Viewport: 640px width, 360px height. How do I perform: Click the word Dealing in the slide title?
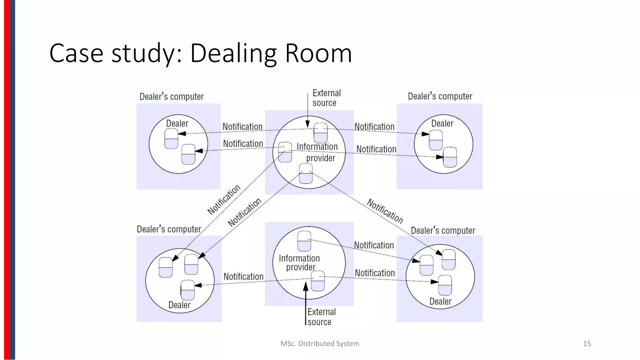tap(233, 53)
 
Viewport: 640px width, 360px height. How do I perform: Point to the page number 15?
tap(587, 343)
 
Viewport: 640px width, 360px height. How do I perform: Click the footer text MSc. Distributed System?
tap(320, 343)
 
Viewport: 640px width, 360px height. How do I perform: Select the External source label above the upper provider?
tap(326, 98)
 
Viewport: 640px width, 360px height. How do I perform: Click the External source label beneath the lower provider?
tap(321, 317)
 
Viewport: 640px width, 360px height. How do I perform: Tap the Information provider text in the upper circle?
tap(317, 152)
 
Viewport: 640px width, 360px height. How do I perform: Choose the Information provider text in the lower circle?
tap(299, 262)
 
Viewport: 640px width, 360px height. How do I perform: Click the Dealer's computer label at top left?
tap(171, 97)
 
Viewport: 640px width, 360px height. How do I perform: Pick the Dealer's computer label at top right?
tap(440, 96)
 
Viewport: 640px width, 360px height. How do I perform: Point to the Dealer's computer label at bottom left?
tap(169, 229)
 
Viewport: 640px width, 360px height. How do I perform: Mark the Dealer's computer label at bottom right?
tap(442, 231)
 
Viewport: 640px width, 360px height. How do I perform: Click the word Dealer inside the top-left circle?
tap(177, 123)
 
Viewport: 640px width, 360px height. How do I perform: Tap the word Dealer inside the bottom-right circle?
tap(440, 301)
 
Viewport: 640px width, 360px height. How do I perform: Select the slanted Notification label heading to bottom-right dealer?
tap(385, 211)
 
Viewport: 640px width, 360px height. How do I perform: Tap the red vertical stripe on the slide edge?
tap(7, 180)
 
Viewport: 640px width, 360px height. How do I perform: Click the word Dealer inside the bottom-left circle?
tap(179, 305)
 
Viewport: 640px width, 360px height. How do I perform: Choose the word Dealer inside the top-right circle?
tap(442, 123)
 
